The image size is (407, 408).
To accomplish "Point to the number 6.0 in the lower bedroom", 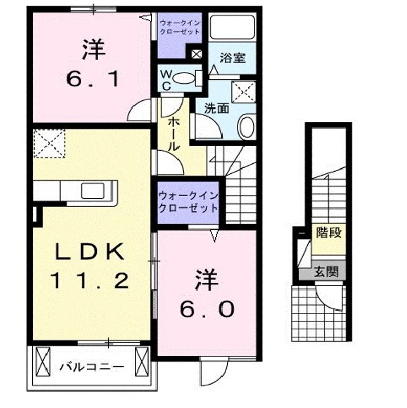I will click(207, 309).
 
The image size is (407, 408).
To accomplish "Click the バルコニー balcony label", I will click(92, 367).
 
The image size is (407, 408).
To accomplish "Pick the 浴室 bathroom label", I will click(232, 57).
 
